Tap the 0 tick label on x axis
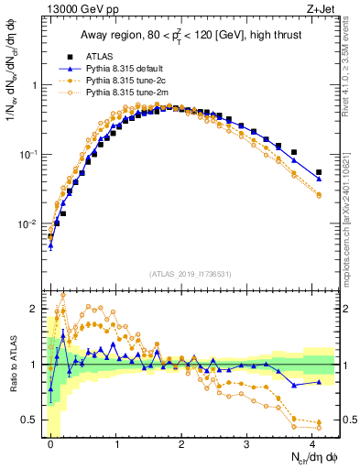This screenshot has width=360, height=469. click(x=50, y=443)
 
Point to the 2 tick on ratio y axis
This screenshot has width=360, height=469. click(x=38, y=309)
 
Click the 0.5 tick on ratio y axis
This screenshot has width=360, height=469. click(x=34, y=420)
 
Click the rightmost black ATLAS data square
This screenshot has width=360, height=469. click(x=319, y=172)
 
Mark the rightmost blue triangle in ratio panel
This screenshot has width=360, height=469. click(x=319, y=382)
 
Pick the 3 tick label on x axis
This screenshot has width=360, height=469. click(x=246, y=443)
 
